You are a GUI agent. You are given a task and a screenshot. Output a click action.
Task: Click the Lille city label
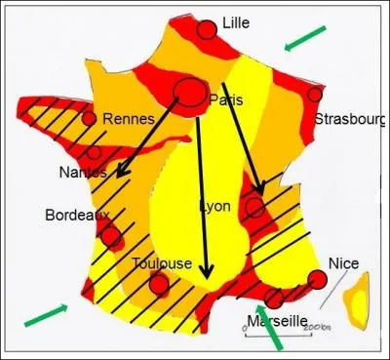(236, 22)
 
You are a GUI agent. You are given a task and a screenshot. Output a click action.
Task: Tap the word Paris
(225, 100)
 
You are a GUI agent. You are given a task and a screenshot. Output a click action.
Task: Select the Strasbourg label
(351, 120)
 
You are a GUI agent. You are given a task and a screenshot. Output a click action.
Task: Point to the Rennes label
(129, 119)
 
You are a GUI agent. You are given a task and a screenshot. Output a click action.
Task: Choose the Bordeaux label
(71, 215)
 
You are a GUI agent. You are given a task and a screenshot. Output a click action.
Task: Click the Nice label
(343, 263)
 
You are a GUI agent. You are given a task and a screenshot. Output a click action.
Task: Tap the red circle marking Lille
(207, 30)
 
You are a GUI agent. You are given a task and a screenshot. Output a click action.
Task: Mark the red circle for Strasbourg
(315, 95)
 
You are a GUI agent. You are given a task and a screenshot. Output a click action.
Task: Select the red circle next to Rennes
(89, 119)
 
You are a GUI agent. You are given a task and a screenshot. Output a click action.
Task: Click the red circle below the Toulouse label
(159, 284)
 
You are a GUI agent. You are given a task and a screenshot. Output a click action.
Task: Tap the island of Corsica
(362, 299)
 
